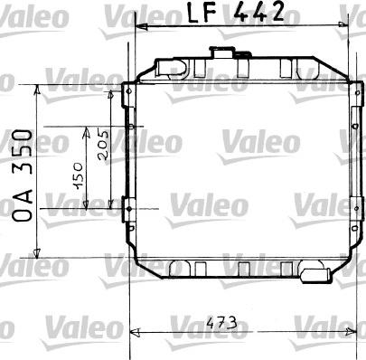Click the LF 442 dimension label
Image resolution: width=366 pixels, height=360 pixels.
point(236,13)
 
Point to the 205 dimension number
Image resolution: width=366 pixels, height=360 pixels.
point(107,144)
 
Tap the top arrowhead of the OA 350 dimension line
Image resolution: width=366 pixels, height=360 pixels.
point(35,90)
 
